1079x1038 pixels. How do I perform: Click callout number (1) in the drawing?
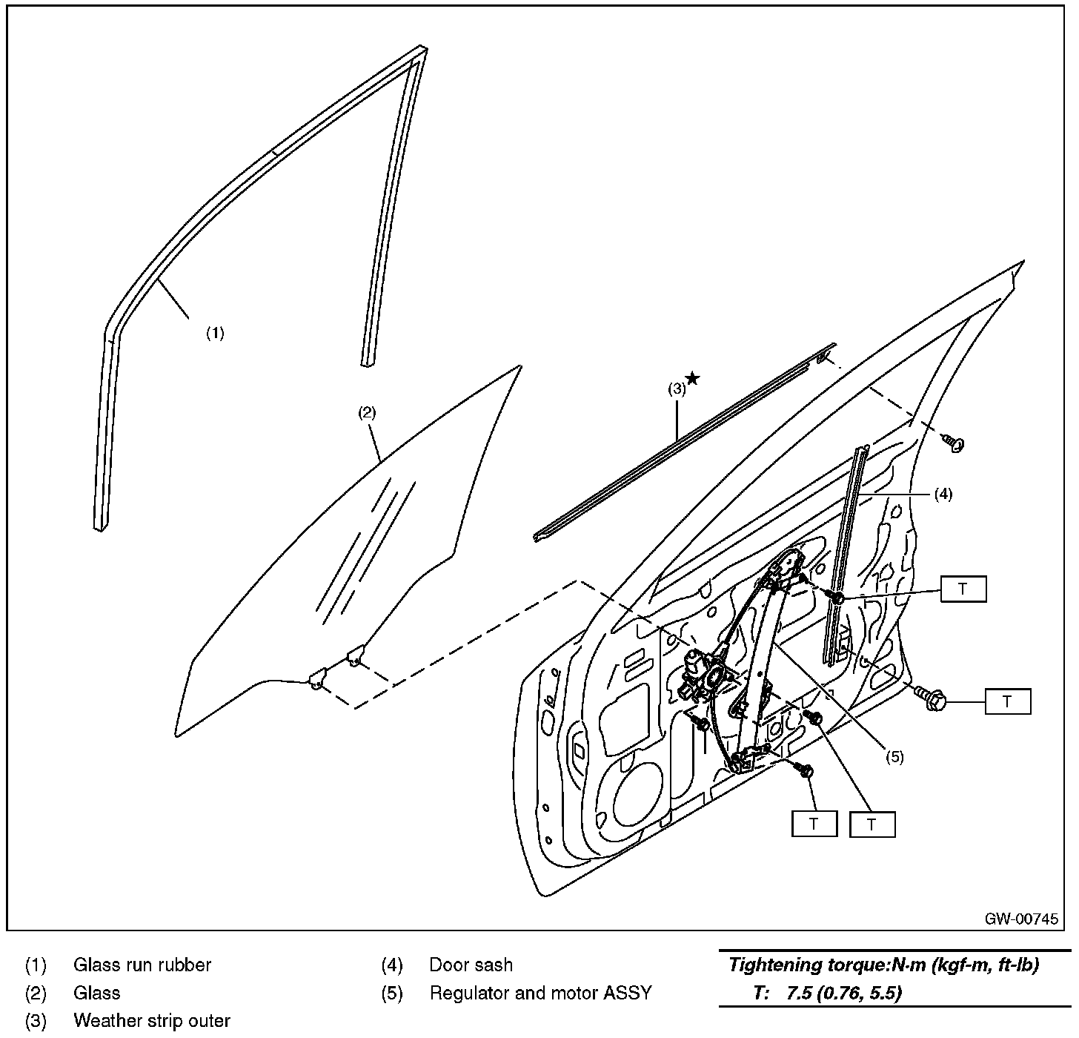tap(215, 334)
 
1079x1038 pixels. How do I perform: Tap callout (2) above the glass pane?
tap(368, 413)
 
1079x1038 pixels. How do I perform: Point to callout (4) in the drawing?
tap(943, 495)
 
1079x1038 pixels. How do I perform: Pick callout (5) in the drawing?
tap(894, 757)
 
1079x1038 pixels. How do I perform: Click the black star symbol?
tap(693, 379)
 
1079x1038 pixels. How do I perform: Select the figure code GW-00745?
tap(1021, 919)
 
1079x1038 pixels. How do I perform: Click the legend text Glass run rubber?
tap(142, 965)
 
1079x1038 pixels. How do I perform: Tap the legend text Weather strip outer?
tap(152, 1021)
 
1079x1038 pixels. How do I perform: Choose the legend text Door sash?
tap(471, 965)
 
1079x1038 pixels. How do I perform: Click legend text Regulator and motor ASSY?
tap(540, 993)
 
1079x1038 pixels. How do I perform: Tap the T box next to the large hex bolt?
tap(1007, 701)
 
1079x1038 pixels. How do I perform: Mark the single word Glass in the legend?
tap(97, 993)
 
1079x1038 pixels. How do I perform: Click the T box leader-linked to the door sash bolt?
tap(963, 589)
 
